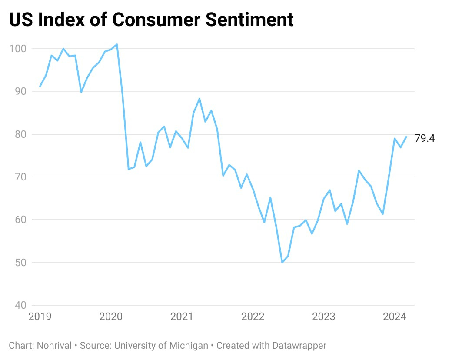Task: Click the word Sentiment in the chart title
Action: tap(246, 20)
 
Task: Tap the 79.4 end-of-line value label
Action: tap(425, 138)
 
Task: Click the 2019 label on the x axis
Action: tap(40, 317)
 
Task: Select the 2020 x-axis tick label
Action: tap(111, 317)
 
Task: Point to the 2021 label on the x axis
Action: tap(182, 317)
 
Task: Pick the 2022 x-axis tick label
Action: tap(253, 317)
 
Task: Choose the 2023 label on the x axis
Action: tap(324, 317)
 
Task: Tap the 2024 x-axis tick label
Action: tap(395, 317)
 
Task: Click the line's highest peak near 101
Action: tap(117, 44)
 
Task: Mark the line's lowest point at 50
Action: tap(282, 262)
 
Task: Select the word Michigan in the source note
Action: tap(189, 346)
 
